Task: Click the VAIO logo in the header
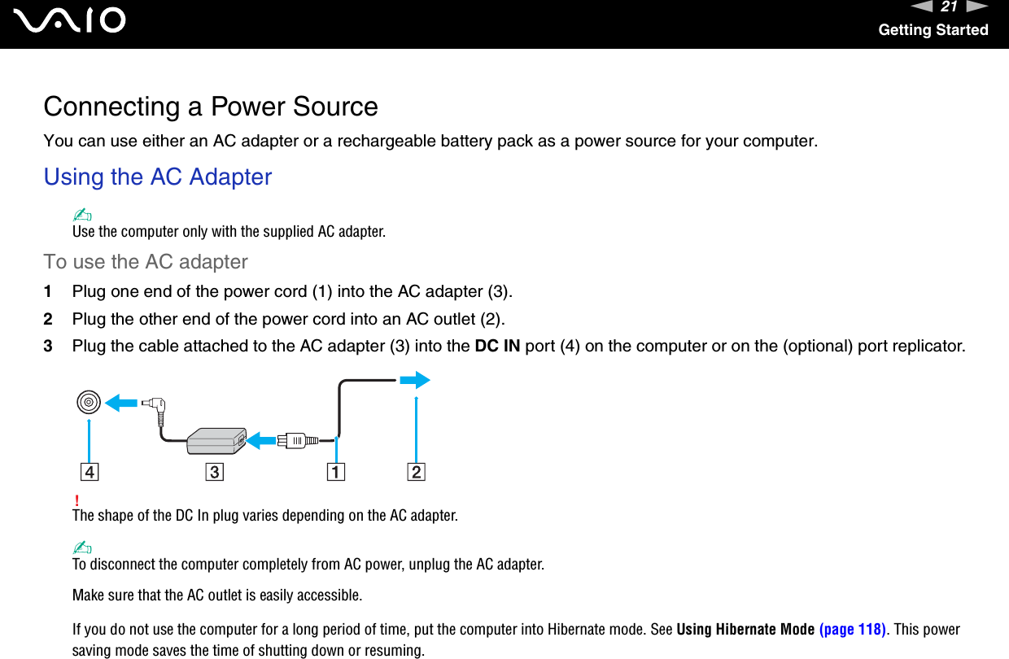coord(74,21)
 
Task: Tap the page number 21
coord(949,7)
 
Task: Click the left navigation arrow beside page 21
coord(919,7)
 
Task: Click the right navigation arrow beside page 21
coord(977,7)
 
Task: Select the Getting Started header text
coord(933,30)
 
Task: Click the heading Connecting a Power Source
coord(211,107)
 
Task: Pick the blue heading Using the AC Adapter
coord(158,177)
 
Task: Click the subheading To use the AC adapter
coord(146,262)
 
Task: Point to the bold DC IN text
coord(497,346)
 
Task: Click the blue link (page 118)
coord(852,630)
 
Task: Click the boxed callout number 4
coord(89,472)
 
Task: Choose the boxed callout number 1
coord(336,472)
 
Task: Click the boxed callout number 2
coord(416,472)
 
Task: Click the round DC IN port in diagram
coord(89,402)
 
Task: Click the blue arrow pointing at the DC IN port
coord(122,402)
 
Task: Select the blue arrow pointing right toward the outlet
coord(414,380)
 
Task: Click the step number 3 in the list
coord(48,346)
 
